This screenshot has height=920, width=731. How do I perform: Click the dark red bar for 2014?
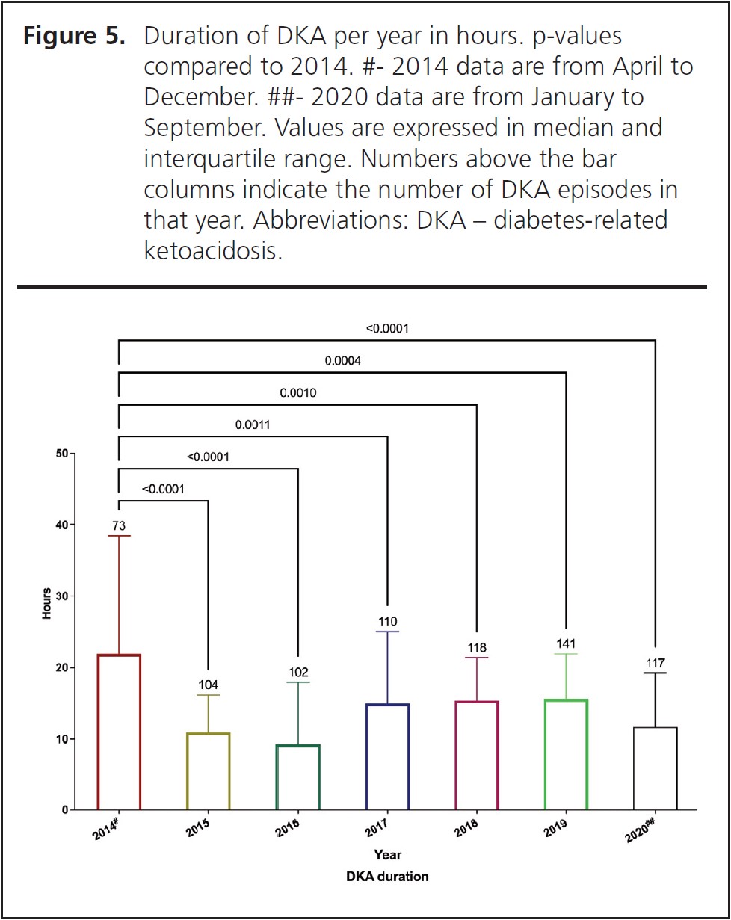pos(119,732)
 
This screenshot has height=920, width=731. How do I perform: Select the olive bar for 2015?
pos(208,771)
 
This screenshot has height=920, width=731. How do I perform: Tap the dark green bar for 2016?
pos(297,777)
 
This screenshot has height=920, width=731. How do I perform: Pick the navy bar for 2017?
pos(387,756)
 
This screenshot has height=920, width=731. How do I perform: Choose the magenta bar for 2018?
pos(476,755)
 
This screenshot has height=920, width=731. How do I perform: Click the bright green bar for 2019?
pos(566,754)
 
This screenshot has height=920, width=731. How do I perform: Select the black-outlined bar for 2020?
pos(656,768)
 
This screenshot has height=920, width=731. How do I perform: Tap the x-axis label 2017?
pos(376,825)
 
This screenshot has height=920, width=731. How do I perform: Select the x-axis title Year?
pos(388,854)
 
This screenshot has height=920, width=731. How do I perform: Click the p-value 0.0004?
pos(342,361)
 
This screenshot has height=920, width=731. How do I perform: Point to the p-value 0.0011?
pos(253,425)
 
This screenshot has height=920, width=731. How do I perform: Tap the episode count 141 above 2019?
pos(566,643)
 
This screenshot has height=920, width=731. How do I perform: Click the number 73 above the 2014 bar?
pos(119,526)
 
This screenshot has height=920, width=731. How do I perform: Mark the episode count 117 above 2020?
pos(656,663)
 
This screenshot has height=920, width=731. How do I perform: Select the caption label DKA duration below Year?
pos(388,877)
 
